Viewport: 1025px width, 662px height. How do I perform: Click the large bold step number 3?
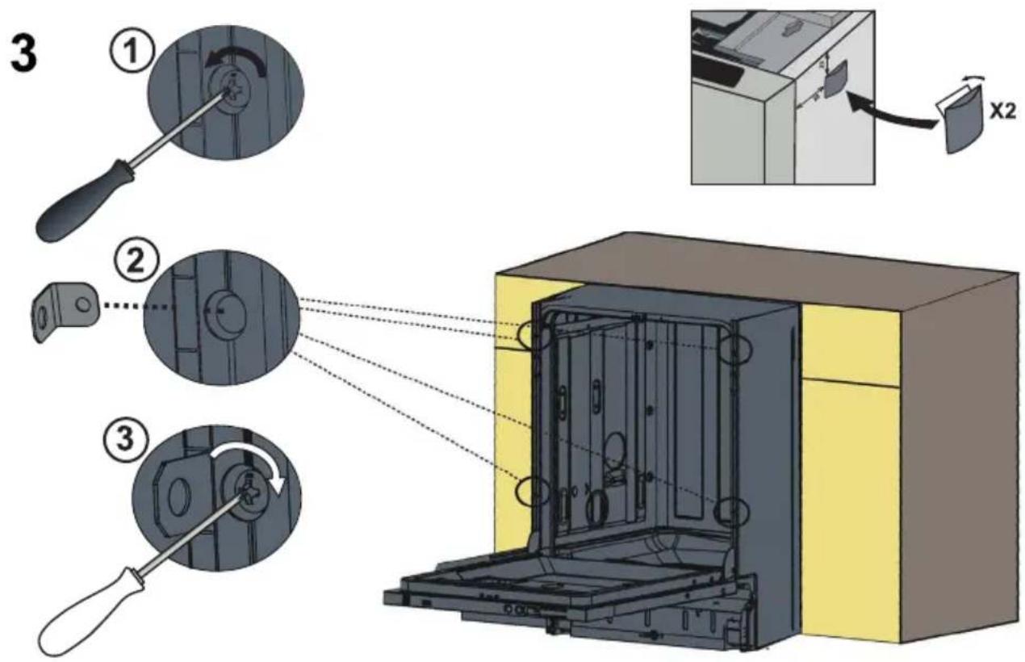click(23, 56)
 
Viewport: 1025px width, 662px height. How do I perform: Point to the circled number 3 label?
click(126, 438)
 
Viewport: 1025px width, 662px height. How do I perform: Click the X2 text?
click(1002, 111)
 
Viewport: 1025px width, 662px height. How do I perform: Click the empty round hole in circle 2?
click(227, 312)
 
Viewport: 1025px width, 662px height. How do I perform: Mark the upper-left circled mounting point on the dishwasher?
click(533, 335)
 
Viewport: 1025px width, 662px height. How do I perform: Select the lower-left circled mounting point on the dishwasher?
click(533, 491)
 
